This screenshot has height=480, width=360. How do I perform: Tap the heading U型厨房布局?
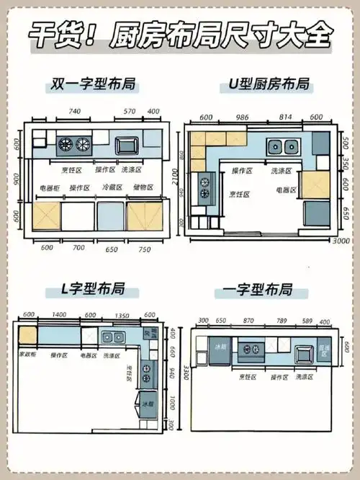pos(266,85)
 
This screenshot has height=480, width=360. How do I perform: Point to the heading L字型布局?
pos(94,290)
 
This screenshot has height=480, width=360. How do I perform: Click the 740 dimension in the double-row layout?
pos(74,112)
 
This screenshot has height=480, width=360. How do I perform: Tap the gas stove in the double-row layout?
pos(74,143)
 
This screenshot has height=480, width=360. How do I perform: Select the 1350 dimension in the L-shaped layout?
pos(121,314)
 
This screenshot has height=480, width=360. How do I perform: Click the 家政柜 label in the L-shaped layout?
pos(27,355)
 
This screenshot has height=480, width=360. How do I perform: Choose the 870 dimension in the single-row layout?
pos(250,320)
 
